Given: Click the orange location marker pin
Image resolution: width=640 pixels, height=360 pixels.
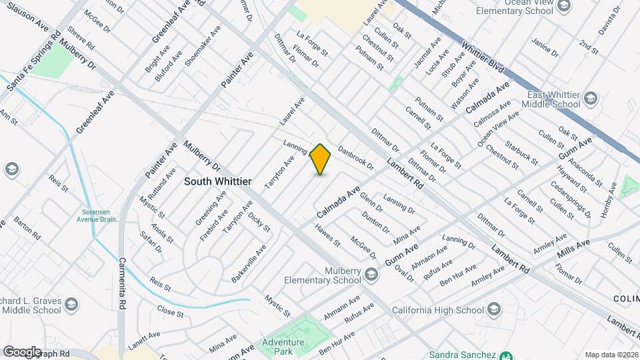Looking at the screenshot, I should tap(321, 159).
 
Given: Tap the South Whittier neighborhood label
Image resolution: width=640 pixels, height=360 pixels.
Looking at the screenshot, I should tap(217, 181).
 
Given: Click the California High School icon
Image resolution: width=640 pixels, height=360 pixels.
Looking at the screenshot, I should tap(493, 310).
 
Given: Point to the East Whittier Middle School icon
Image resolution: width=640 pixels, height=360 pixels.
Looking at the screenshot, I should tap(590, 99).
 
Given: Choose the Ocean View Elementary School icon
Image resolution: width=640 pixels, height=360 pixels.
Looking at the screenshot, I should tap(564, 7).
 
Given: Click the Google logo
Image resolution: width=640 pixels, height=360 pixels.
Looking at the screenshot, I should tap(21, 351).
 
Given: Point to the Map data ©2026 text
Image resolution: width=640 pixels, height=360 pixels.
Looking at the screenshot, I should tap(611, 355).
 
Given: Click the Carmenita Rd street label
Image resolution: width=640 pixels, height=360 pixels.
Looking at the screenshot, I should tap(122, 283).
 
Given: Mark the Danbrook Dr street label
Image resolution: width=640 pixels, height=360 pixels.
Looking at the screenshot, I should tap(355, 158).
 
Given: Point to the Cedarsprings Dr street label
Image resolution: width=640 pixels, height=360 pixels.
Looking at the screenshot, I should tap(571, 200).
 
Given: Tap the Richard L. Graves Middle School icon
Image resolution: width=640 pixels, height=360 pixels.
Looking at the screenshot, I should tap(72, 305).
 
